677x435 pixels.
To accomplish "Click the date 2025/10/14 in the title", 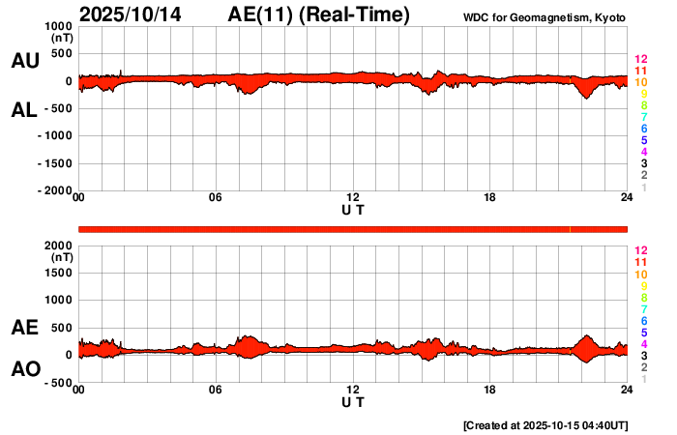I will coord(133,14).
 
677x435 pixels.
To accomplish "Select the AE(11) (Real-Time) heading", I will coord(319,14).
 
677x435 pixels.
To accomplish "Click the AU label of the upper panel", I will coord(25,61).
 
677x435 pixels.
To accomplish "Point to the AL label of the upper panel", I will coord(25,110).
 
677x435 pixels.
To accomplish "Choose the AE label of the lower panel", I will coord(25,328).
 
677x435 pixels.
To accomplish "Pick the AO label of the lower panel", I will coord(25,370).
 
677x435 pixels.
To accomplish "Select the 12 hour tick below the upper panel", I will coord(353,198).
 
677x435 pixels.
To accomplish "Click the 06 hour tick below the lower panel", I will coord(216,390).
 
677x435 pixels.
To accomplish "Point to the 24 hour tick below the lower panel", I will coord(627,390).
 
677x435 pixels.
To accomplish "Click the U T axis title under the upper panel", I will coord(353,209).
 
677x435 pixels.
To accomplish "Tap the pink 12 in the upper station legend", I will coord(640,60).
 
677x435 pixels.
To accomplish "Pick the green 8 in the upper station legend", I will coord(643,105).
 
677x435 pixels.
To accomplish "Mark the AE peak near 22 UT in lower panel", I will coord(585,336).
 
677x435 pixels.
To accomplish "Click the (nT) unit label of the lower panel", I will coord(62,257).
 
